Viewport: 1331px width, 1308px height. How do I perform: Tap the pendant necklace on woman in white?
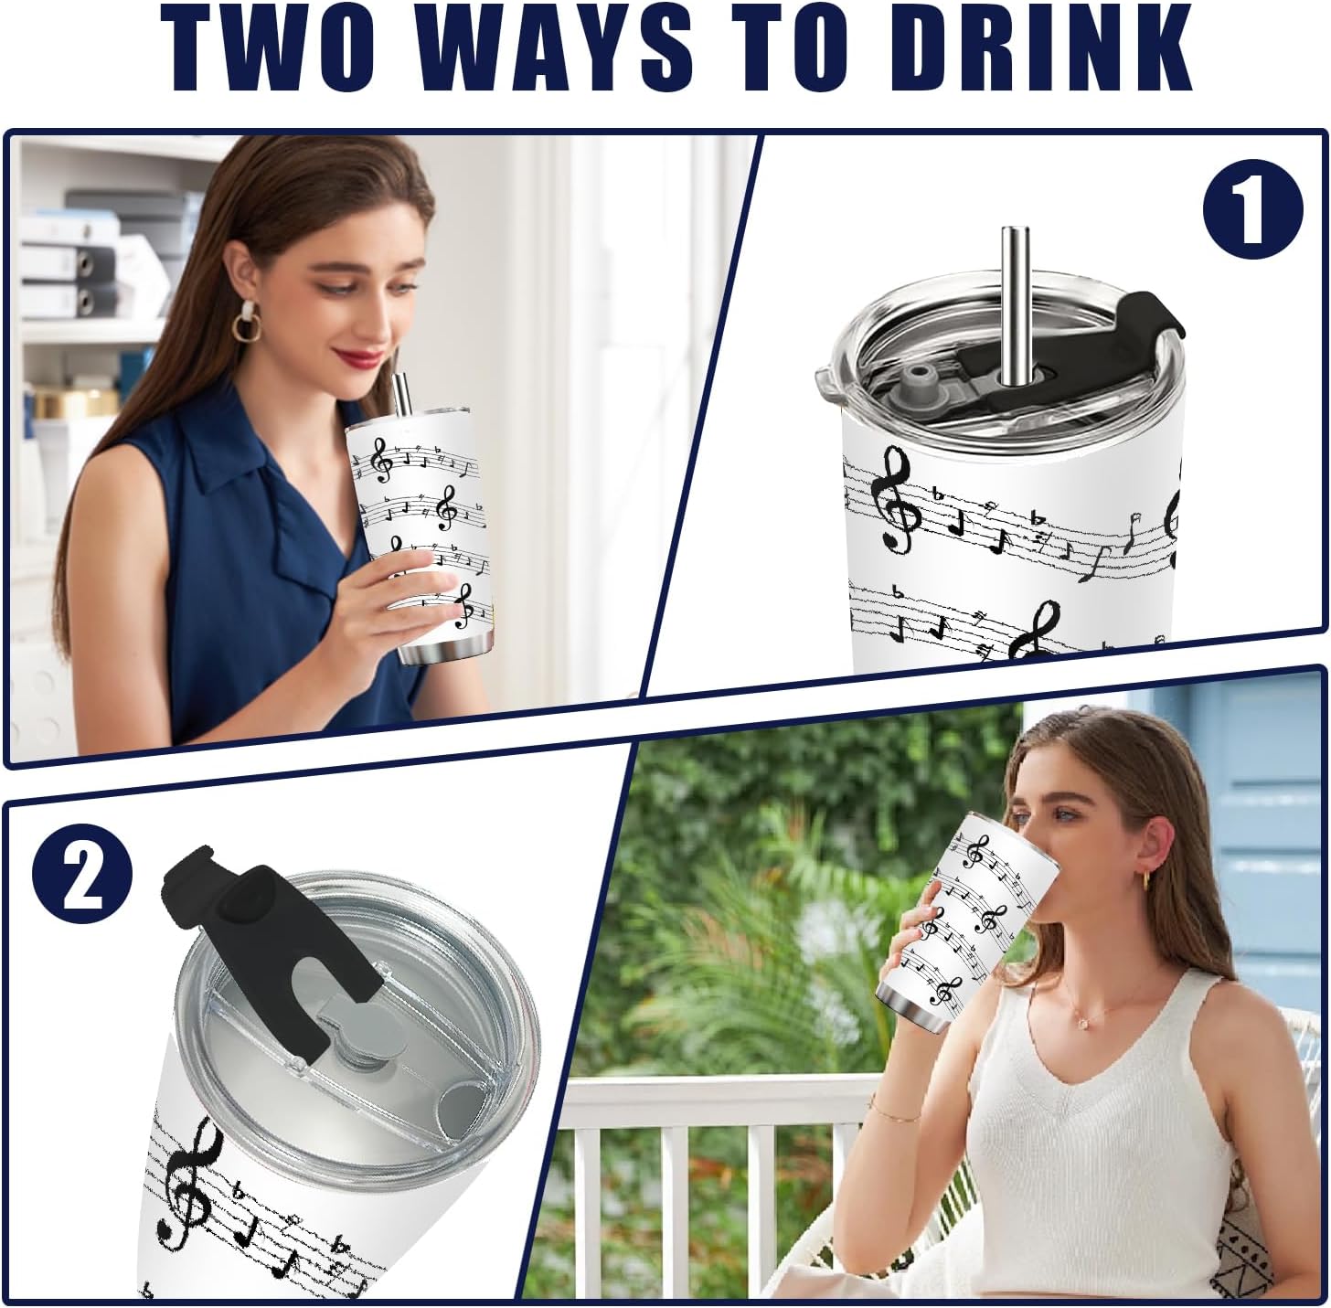pyautogui.click(x=1088, y=1024)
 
